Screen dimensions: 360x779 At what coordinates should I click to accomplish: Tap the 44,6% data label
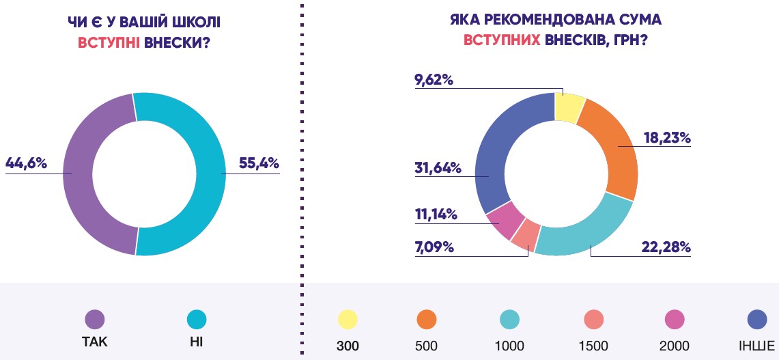point(26,163)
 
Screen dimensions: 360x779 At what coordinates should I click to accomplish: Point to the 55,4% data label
point(259,163)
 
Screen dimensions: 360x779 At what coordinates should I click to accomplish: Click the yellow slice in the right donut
point(569,106)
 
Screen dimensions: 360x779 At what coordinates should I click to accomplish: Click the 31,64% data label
point(437,167)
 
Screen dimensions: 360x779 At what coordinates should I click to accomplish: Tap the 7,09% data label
point(434,246)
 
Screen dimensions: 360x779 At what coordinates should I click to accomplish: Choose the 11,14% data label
point(436,214)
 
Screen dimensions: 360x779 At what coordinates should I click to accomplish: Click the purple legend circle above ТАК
point(95,319)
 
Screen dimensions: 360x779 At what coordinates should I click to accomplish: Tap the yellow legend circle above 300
point(347,319)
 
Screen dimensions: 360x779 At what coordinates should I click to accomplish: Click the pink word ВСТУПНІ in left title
point(109,42)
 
